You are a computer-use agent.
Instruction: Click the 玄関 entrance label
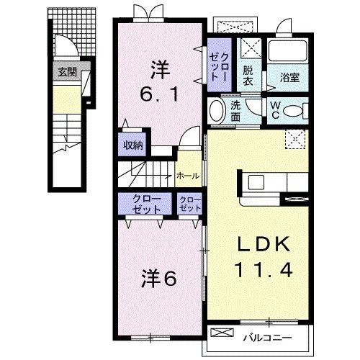point(68,72)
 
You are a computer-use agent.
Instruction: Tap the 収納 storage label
point(133,145)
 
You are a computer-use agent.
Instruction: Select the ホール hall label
point(188,176)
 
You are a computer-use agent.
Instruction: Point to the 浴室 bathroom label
point(289,78)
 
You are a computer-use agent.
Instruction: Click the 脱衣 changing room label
point(248,76)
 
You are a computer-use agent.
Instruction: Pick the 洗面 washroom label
point(235,111)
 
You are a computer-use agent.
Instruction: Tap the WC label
point(275,110)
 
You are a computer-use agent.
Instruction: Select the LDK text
point(264,244)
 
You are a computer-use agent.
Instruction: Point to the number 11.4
point(264,270)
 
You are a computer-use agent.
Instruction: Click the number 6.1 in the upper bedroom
point(159,94)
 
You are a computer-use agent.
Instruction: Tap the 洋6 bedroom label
point(159,279)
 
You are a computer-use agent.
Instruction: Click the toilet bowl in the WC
point(293,111)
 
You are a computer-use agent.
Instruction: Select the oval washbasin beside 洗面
point(217,111)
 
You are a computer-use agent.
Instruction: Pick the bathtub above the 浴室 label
point(288,50)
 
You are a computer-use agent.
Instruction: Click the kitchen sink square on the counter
point(256,182)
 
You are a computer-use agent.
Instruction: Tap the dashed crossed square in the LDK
point(295,139)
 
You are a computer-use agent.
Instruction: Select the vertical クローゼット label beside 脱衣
point(219,66)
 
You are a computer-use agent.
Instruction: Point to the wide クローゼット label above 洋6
point(146,204)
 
